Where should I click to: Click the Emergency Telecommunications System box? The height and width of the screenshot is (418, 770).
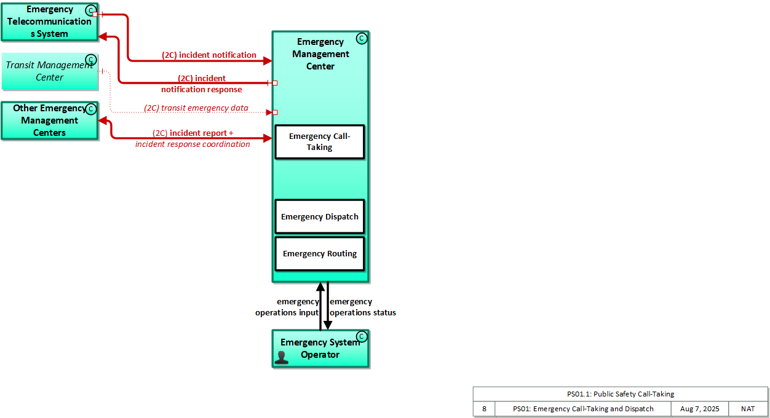pos(49,22)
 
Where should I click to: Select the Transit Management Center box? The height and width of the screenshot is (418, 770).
pos(49,71)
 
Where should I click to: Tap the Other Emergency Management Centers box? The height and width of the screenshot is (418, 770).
pos(49,120)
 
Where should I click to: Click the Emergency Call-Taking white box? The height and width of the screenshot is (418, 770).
pos(320,142)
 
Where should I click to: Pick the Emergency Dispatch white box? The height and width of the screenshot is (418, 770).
pos(320,216)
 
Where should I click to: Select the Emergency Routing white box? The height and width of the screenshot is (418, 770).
pos(320,254)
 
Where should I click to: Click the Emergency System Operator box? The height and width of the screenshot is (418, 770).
pos(320,349)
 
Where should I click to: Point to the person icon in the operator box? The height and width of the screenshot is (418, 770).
pos(282,358)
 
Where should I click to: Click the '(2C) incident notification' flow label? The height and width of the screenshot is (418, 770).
pos(209,55)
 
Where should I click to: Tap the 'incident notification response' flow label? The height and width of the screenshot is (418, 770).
pos(202,84)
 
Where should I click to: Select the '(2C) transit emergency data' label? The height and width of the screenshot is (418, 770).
pos(196,108)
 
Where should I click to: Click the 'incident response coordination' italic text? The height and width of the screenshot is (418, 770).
pos(193,144)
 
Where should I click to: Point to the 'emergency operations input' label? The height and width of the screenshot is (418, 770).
pos(287,307)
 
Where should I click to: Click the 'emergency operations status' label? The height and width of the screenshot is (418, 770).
pos(363,307)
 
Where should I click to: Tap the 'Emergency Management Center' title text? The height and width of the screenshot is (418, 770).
pos(320,54)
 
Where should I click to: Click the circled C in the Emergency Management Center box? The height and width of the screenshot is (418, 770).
pos(362,39)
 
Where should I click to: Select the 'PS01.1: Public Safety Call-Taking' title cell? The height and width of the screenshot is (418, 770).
pos(621,394)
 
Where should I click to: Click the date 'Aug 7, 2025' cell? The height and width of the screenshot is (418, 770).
pos(699,409)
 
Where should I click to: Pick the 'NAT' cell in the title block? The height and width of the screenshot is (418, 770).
pos(748,409)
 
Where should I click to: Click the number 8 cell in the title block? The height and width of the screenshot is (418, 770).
pos(484,409)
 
